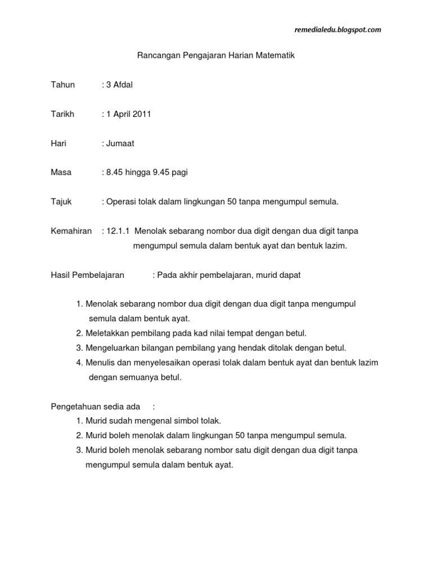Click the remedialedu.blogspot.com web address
pyautogui.click(x=337, y=30)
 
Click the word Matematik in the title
pyautogui.click(x=276, y=56)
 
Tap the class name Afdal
pyautogui.click(x=124, y=85)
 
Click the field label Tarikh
pyautogui.click(x=62, y=114)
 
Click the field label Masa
pyautogui.click(x=61, y=173)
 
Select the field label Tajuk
pyautogui.click(x=61, y=202)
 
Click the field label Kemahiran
pyautogui.click(x=71, y=231)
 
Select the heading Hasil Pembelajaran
pyautogui.click(x=87, y=275)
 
